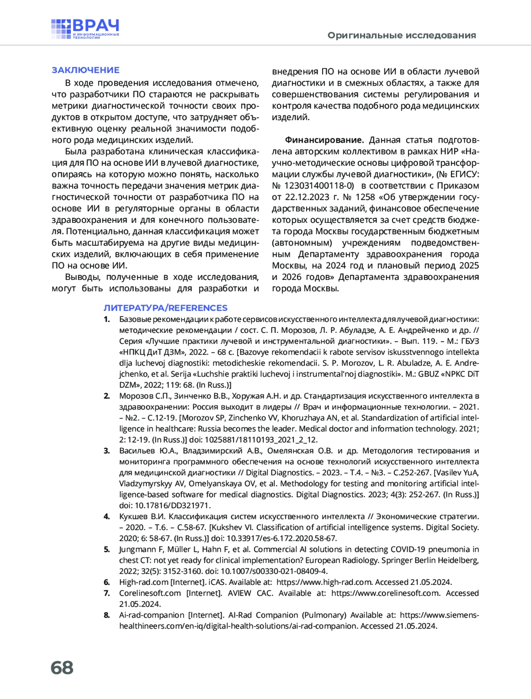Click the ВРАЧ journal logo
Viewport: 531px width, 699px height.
coord(85,29)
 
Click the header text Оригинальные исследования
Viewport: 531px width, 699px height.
coord(401,35)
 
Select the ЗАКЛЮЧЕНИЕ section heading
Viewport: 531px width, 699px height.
coord(85,70)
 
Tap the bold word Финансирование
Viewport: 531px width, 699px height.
coord(324,140)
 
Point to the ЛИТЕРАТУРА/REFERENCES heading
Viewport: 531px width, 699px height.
coord(165,308)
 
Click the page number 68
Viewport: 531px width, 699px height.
coord(62,668)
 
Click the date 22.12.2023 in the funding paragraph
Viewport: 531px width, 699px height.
coord(307,197)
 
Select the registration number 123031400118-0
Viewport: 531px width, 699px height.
coord(319,186)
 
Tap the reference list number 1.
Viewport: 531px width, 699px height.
coord(107,319)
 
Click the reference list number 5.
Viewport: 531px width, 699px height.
coord(107,550)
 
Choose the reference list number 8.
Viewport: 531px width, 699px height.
coord(107,615)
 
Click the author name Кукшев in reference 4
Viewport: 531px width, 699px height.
coord(134,516)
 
